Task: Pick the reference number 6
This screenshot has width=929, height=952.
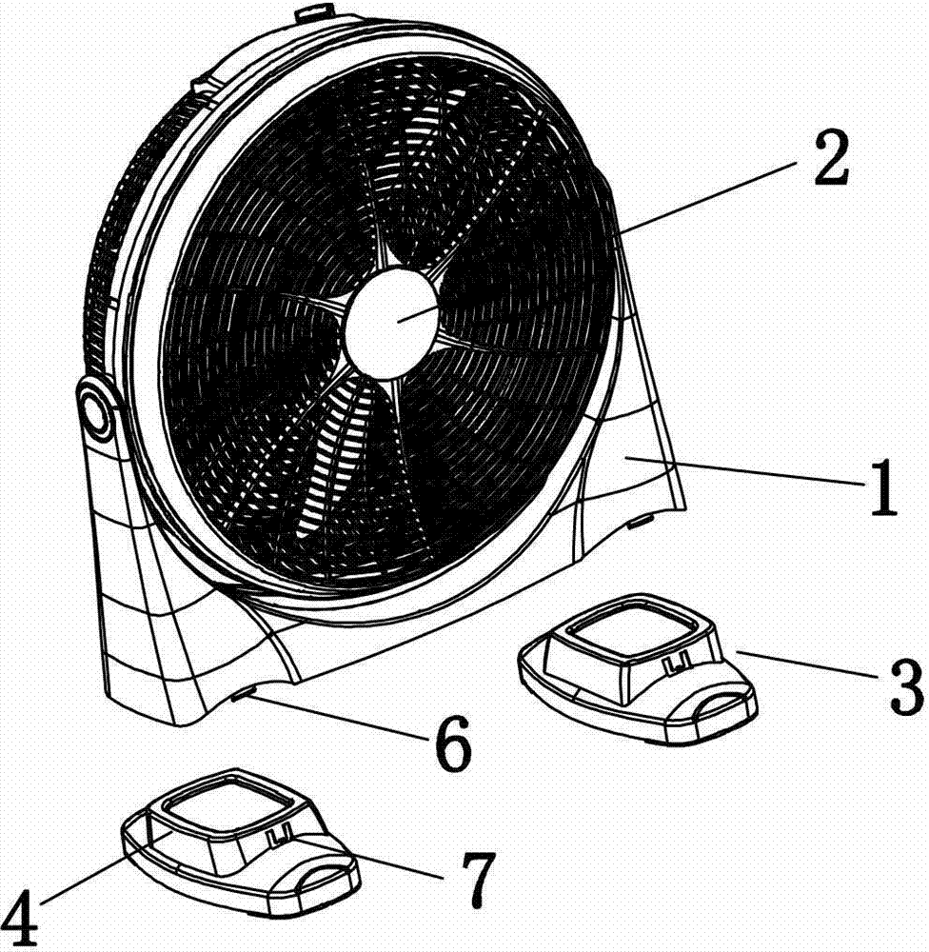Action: pyautogui.click(x=454, y=744)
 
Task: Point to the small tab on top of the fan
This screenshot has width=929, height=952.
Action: pyautogui.click(x=314, y=10)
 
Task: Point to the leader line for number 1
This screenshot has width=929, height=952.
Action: pyautogui.click(x=746, y=472)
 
